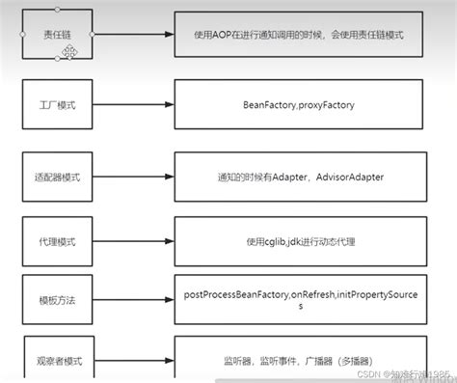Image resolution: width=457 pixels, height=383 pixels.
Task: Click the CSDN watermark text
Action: pos(410,372)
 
